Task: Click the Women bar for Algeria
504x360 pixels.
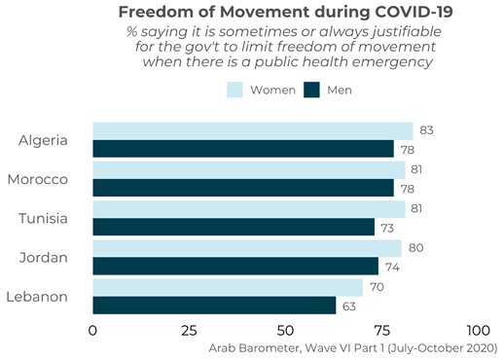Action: tap(252, 130)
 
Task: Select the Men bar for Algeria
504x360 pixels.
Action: tap(242, 149)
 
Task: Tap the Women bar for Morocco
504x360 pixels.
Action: tap(248, 169)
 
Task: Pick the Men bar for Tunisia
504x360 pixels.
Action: tap(234, 227)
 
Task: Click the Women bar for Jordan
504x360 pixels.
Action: tap(246, 247)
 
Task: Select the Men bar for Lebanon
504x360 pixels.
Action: tap(214, 306)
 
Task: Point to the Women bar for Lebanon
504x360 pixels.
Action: tap(228, 287)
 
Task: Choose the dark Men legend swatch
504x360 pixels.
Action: tap(312, 90)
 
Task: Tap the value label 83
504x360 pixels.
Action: tap(425, 130)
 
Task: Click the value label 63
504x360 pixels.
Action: tap(348, 306)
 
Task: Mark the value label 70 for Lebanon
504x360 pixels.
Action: tap(376, 287)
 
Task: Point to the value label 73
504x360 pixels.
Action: tap(387, 227)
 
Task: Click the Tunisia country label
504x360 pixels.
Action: tap(43, 218)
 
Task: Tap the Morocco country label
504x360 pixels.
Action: tap(37, 179)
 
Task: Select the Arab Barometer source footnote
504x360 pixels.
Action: tap(353, 347)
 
